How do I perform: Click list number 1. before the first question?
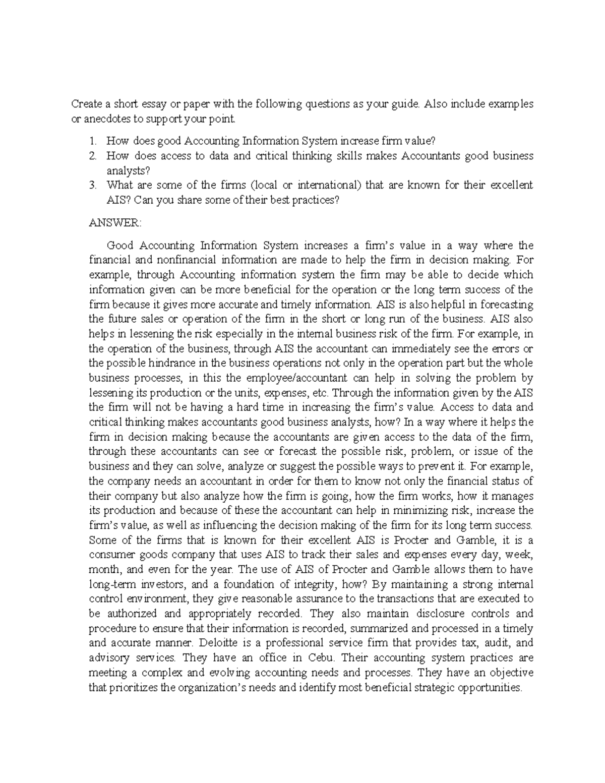point(92,141)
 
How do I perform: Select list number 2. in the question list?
point(92,156)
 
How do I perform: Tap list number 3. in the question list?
point(92,185)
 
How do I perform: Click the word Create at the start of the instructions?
point(85,104)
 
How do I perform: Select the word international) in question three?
point(330,185)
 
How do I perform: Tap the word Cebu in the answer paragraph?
point(322,658)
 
